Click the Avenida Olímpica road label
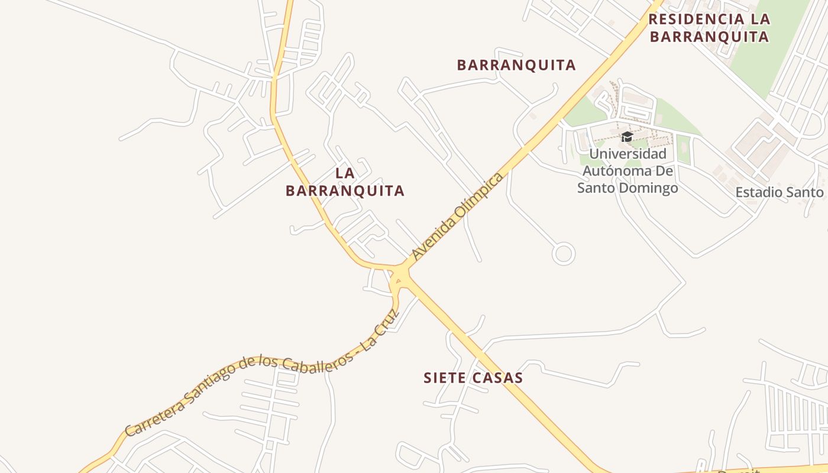pos(458,216)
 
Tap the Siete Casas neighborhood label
pos(473,378)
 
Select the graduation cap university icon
pos(627,137)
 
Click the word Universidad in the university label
pos(628,154)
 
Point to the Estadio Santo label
pos(780,192)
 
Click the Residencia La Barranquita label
pos(709,28)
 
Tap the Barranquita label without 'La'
pos(516,65)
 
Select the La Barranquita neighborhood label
pos(345,182)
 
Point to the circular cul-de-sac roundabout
pos(563,254)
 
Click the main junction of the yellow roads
pos(400,274)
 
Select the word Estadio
pos(756,192)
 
